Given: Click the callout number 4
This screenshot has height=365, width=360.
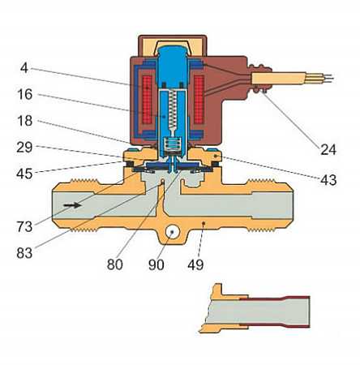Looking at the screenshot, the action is click(24, 68).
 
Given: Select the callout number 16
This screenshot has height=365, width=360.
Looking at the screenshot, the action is click(25, 94).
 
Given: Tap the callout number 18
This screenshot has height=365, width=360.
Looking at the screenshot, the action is click(25, 121).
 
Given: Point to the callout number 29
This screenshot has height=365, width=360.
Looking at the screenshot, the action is click(24, 148).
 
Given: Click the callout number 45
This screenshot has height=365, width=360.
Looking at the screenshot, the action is click(24, 174).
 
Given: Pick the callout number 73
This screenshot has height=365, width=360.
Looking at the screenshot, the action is click(24, 226).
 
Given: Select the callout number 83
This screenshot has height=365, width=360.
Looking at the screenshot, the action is click(24, 253).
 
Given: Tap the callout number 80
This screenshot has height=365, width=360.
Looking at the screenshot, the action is click(115, 264).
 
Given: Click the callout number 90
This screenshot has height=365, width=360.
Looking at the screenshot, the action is click(156, 264).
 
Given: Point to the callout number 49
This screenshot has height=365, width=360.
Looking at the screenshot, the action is click(195, 264).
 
